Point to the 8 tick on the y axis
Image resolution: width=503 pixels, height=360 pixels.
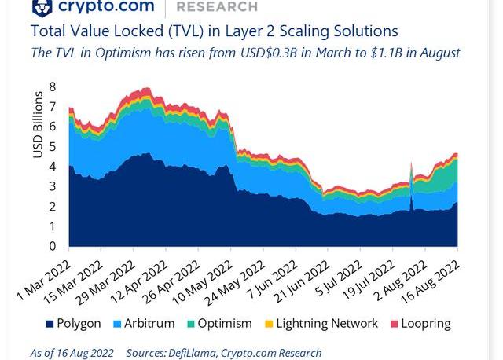52,86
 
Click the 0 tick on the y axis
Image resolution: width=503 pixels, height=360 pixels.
52,246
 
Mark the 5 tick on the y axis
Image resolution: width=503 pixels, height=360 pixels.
52,146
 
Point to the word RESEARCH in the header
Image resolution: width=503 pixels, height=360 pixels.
218,6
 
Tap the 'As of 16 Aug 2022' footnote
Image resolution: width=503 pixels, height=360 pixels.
72,353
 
